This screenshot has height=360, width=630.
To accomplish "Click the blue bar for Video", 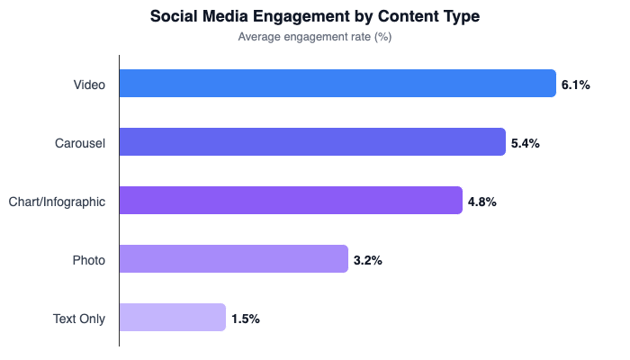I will [337, 84].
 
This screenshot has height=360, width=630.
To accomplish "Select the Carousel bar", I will [312, 142].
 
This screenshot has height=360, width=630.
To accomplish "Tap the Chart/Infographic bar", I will [291, 201].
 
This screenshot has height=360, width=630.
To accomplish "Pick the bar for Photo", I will [233, 259].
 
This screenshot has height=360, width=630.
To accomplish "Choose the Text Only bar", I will [172, 318].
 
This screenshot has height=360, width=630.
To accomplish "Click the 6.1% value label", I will [575, 85].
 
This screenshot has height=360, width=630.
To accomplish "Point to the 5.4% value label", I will [525, 143].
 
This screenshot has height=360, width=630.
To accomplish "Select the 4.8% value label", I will [481, 202].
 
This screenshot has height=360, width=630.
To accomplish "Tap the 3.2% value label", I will [368, 260].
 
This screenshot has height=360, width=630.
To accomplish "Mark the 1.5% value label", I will [246, 319].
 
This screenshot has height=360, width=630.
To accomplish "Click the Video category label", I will [89, 85].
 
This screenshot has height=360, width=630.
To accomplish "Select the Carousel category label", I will [80, 143].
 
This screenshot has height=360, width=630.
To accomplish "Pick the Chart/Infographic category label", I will [57, 202].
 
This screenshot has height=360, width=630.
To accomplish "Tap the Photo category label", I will [89, 260].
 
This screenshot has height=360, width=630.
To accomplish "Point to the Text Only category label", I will [79, 319].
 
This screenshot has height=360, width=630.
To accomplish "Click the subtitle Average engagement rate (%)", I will [314, 37].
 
